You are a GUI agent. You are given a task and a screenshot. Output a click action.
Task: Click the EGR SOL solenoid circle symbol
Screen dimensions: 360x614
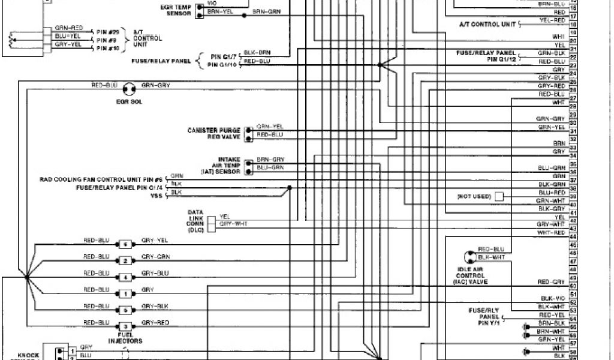128,90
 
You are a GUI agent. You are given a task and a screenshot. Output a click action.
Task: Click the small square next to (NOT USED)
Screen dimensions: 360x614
499,196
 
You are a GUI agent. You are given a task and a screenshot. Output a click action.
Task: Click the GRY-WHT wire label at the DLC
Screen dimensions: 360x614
233,223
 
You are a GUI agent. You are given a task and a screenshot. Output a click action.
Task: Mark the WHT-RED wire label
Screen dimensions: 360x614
551,232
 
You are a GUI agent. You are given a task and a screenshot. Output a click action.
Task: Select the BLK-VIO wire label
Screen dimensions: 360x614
552,298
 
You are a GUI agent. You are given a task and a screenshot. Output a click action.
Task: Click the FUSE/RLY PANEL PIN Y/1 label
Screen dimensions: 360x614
486,316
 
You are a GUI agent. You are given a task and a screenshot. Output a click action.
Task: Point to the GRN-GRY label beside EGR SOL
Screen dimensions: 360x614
155,85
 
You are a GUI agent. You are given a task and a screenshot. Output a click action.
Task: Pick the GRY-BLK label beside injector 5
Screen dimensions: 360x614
155,306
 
